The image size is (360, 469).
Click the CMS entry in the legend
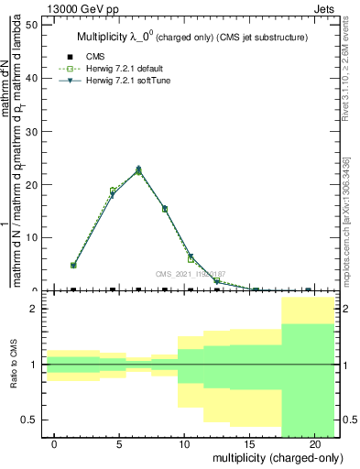point(94,57)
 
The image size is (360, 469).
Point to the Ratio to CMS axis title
point(15,365)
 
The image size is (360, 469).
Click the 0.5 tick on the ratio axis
point(27,420)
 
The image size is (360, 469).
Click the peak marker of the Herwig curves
point(138,169)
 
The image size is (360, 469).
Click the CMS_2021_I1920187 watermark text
point(190,273)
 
